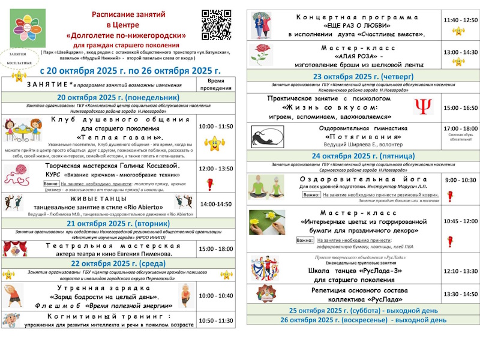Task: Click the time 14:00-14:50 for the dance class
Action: pyautogui.click(x=216, y=204)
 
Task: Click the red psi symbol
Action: pyautogui.click(x=424, y=107)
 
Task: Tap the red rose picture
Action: pyautogui.click(x=262, y=53)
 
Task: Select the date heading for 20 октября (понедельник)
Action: pyautogui.click(x=118, y=97)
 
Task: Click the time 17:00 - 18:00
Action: pyautogui.click(x=461, y=128)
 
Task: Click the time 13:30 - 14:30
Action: pyautogui.click(x=461, y=294)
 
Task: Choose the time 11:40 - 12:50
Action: pyautogui.click(x=460, y=20)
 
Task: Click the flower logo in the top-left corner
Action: pyautogui.click(x=27, y=28)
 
